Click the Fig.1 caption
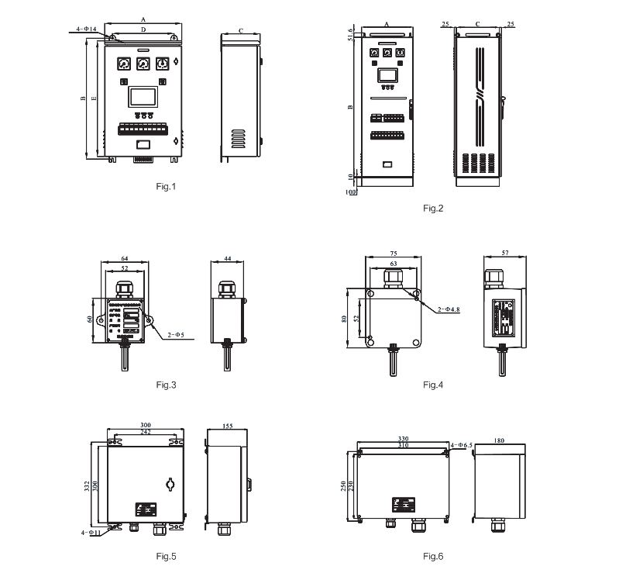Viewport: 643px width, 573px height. click(167, 186)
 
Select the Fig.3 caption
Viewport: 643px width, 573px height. click(167, 385)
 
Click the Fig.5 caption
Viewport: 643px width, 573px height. click(167, 556)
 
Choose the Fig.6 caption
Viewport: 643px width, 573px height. click(433, 556)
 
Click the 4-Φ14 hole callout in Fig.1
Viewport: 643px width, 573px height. click(85, 29)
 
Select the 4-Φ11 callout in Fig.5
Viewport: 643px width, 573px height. click(90, 533)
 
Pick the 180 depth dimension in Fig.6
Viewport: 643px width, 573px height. click(499, 440)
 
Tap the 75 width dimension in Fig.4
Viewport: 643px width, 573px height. click(394, 254)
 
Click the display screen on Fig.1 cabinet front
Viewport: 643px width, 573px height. click(143, 97)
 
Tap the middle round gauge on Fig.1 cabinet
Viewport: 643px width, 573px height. click(143, 64)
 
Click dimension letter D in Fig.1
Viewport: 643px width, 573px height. click(143, 29)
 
